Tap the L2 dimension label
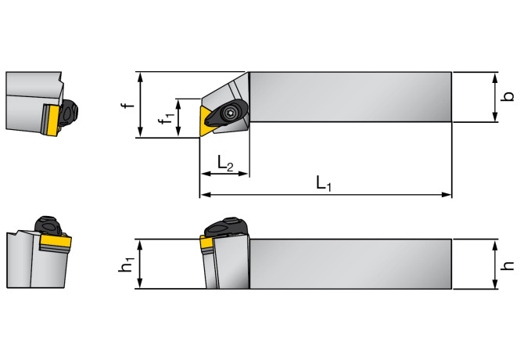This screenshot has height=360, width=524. tap(224, 164)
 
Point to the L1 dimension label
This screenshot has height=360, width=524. tap(325, 184)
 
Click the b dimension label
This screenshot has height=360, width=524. tap(508, 97)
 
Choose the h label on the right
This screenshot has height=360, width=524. tap(508, 265)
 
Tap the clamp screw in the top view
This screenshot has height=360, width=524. tap(232, 115)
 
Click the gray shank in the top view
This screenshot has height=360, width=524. tap(352, 97)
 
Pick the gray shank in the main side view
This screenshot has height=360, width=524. tap(352, 264)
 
